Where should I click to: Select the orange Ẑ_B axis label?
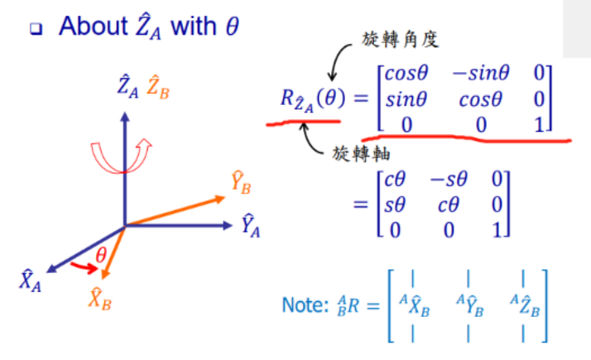157,86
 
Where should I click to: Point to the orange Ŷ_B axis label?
241,184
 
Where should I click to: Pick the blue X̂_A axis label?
30,281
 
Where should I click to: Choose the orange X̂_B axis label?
98,299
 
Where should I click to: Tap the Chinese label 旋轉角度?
394,38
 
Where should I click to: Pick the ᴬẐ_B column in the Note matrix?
525,307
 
